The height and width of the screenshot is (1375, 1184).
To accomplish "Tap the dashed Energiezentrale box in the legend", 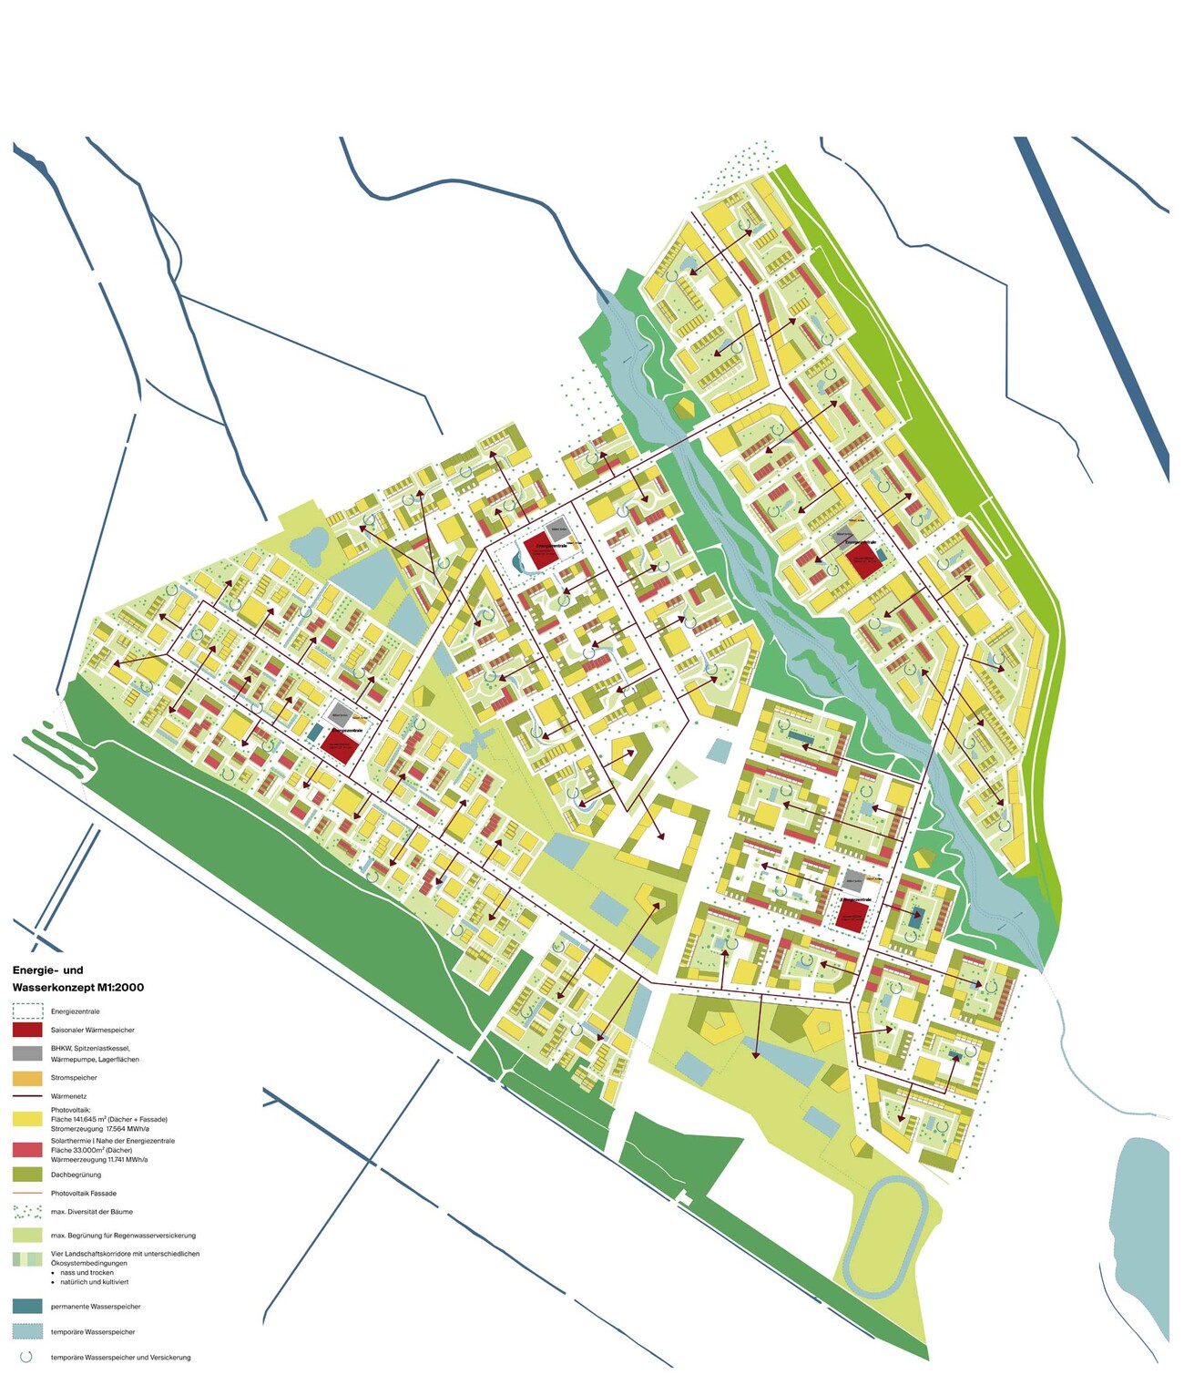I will [27, 1011].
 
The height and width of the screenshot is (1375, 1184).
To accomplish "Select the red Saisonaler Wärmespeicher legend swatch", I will [27, 1030].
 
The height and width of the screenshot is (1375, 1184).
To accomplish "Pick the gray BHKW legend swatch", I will [27, 1053].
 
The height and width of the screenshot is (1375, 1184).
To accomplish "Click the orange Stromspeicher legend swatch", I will [27, 1078].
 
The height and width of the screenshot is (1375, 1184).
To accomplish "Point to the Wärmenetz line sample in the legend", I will [27, 1096].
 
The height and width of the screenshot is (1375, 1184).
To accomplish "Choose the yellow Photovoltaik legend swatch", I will [27, 1118].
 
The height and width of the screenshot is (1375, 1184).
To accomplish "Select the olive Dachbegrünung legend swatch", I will [27, 1175].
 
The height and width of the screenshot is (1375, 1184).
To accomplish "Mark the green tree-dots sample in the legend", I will [27, 1212].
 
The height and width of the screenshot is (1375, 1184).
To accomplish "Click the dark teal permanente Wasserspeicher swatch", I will [27, 1306].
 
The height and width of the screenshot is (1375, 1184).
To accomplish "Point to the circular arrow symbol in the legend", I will [26, 1357].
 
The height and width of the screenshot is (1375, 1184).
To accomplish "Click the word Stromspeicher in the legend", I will [74, 1078].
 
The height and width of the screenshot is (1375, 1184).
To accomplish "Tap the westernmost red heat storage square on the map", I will [338, 746].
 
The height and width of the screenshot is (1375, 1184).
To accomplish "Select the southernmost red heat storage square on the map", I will [850, 916].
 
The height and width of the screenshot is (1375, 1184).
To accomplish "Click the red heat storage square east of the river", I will [862, 559].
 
